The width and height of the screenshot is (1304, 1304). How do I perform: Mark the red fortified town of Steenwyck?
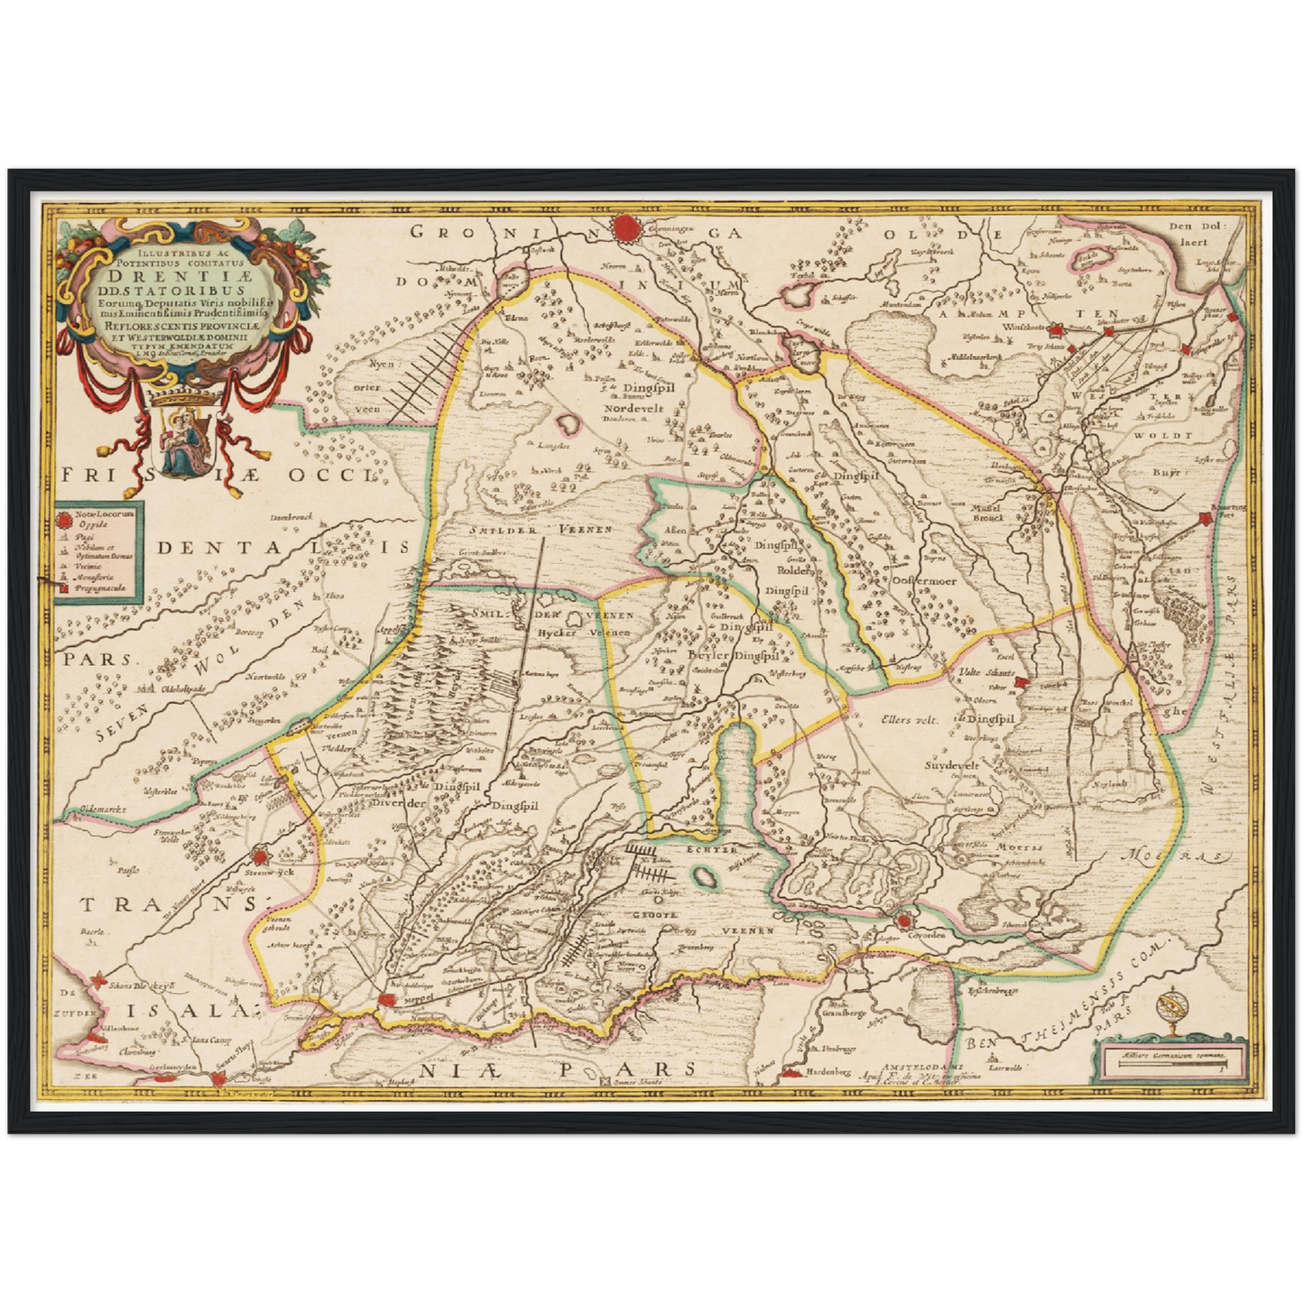point(262,855)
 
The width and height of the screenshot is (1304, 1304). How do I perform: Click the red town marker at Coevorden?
point(904,920)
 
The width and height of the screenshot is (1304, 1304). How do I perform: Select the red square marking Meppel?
point(388,999)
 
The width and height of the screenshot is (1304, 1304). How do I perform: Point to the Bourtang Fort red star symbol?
point(1205,519)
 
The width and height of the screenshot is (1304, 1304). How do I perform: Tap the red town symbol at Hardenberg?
point(791,1073)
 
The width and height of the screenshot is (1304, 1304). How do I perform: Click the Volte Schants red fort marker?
point(1021,683)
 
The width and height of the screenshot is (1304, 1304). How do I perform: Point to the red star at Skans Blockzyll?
point(106,986)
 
